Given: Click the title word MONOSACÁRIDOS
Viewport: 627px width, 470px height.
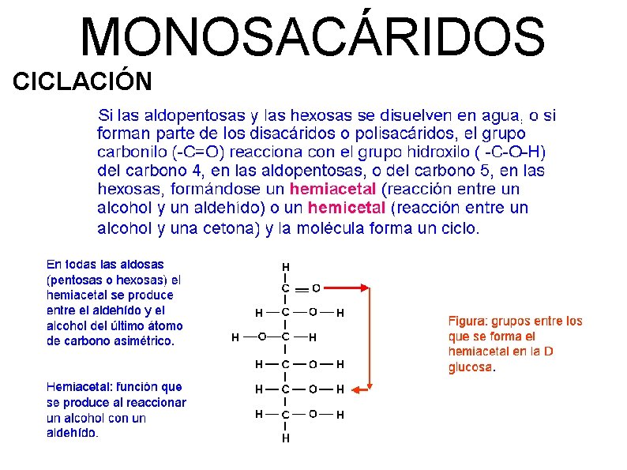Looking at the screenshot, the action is tap(313, 37).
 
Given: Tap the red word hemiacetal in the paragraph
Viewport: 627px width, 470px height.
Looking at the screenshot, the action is tap(334, 190).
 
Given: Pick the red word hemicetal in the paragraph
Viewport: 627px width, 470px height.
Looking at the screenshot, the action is tap(347, 209).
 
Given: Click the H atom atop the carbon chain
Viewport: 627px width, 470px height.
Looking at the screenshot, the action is tap(285, 266).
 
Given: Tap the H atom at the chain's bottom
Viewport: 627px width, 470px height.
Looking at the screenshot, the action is tap(285, 437).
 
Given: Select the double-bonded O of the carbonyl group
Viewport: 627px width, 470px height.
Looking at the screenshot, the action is tap(316, 288).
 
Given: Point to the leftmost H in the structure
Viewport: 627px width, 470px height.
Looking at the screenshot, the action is tap(235, 337).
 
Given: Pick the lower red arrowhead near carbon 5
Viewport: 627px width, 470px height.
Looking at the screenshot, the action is tap(357, 389).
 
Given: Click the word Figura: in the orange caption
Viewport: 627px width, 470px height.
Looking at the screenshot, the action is tap(472, 321).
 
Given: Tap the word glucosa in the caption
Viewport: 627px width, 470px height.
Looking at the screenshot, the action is tap(471, 367).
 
